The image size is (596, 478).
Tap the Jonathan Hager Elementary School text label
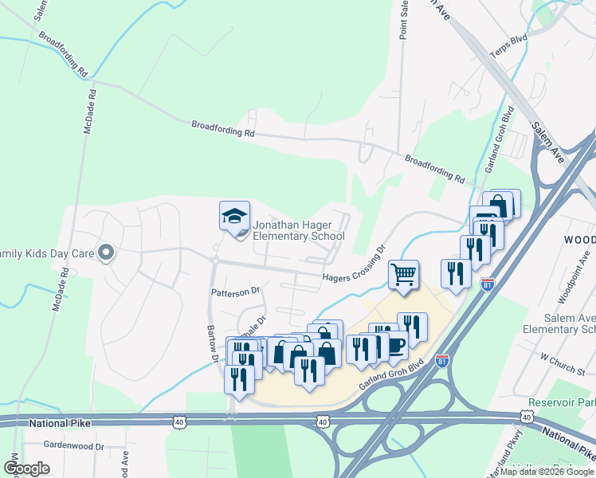(x=298, y=231)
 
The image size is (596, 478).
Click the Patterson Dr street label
(x=236, y=292)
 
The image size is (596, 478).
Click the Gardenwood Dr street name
(x=74, y=446)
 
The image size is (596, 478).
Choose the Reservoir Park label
(x=563, y=404)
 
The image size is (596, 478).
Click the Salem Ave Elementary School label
(x=559, y=318)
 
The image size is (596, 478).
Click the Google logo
(x=26, y=468)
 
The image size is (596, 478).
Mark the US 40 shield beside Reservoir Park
(x=527, y=417)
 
